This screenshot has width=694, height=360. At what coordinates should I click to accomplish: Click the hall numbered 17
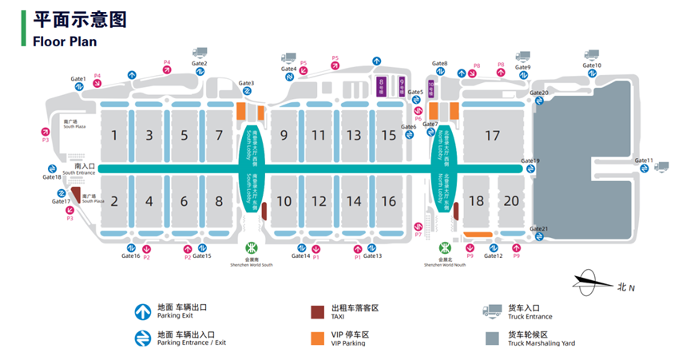[x=492, y=136]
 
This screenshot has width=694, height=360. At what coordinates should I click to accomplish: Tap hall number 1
[x=114, y=135]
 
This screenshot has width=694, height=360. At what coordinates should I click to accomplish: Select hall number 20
[x=511, y=201]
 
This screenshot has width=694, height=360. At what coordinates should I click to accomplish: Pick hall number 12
[x=319, y=201]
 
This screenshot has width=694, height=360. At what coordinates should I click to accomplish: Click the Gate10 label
[x=592, y=65]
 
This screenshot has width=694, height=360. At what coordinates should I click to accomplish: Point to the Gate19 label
[x=530, y=161]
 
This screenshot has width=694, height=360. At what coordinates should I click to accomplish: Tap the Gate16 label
[x=131, y=255]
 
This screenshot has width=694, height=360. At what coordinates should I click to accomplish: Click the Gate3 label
[x=247, y=84]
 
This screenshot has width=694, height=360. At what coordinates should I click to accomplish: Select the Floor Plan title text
[x=65, y=41]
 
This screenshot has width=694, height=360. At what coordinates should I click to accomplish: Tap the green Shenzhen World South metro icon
[x=252, y=247]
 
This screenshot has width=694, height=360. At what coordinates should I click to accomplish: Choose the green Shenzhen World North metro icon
[x=445, y=249]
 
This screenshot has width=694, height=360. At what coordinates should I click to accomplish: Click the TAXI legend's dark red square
[x=317, y=311]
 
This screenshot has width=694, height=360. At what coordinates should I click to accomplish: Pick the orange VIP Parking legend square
[x=317, y=338]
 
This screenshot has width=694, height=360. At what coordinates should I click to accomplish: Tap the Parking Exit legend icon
[x=142, y=311]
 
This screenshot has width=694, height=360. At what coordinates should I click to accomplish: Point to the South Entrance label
[x=79, y=169]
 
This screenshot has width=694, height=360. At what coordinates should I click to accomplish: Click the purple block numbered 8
[x=382, y=85]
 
